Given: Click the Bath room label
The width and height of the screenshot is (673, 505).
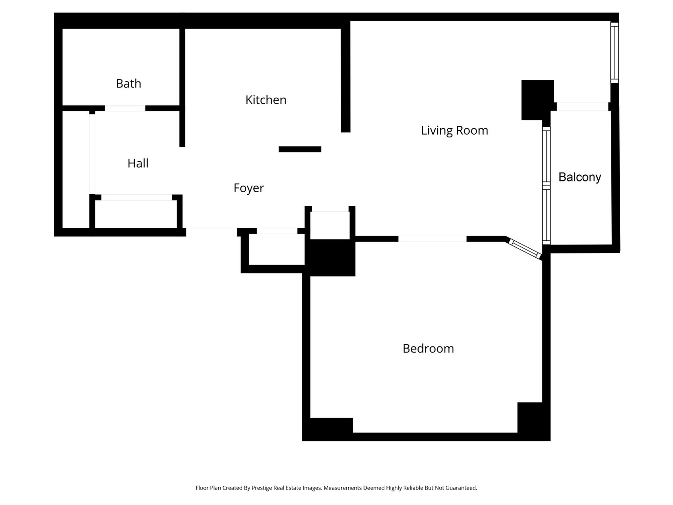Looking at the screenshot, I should [129, 84].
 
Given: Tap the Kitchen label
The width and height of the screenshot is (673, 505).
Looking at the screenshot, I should [265, 100].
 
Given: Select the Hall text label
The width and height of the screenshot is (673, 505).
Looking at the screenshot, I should [138, 164].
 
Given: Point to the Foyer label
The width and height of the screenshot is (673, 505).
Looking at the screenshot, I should [249, 188].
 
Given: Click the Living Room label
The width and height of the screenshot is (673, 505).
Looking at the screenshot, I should [454, 130].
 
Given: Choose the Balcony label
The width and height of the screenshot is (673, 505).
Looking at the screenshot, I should [580, 177].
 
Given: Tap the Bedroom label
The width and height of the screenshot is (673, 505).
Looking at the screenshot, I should [428, 349].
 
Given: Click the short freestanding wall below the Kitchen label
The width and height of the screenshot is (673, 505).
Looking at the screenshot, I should [300, 149].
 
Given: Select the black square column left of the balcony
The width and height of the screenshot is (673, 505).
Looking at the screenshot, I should [537, 100].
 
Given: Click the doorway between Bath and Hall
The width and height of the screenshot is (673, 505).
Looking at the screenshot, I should [125, 108].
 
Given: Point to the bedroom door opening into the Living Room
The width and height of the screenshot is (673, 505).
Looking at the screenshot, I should [432, 239].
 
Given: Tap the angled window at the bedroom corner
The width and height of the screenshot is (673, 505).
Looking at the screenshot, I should [525, 248].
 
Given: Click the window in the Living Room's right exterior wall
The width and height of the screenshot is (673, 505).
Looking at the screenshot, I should [615, 52].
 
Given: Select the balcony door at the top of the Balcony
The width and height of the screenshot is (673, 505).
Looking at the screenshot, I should [582, 107].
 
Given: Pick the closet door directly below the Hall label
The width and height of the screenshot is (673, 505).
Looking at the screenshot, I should [136, 197].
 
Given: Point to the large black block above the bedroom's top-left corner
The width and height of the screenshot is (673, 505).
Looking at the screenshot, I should [330, 257].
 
